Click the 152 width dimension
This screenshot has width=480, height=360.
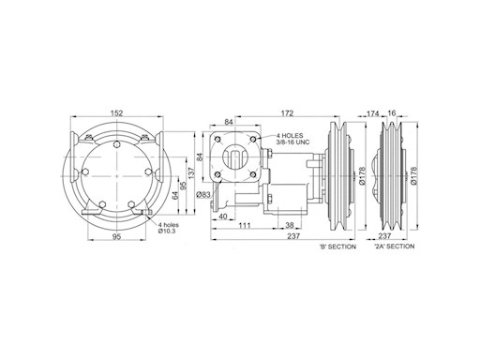click(x=117, y=112)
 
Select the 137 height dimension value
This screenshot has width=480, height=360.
click(x=191, y=173)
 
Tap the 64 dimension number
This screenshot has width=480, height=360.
click(x=175, y=195)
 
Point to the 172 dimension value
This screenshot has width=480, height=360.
click(x=287, y=112)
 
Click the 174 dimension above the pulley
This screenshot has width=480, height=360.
click(x=372, y=113)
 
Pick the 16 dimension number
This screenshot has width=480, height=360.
click(x=391, y=112)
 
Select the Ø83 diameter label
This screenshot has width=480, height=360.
click(x=203, y=194)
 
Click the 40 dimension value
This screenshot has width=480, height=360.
click(x=223, y=217)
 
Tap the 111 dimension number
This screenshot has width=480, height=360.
click(x=245, y=225)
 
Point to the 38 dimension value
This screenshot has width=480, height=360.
click(x=290, y=225)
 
